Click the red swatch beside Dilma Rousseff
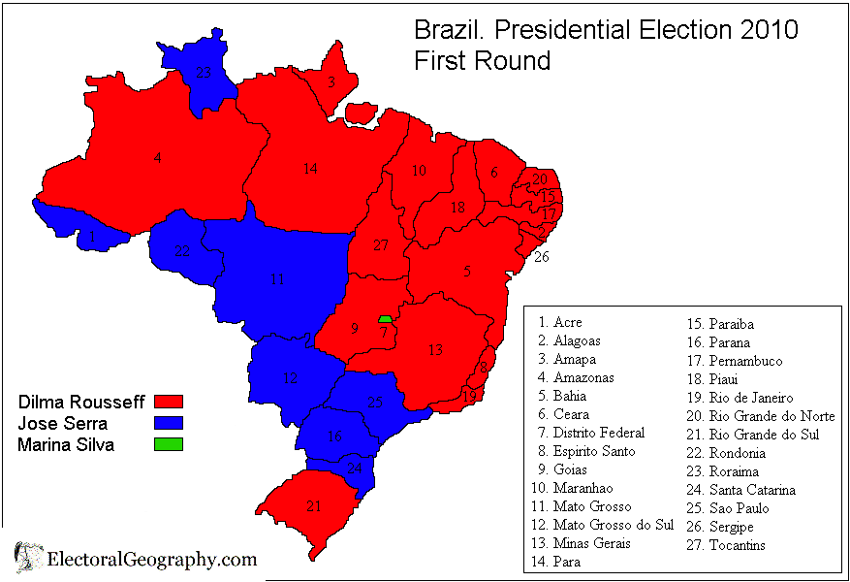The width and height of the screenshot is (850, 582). click(x=169, y=401)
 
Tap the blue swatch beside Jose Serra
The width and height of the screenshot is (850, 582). click(x=169, y=423)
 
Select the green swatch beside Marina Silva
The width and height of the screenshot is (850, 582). click(x=169, y=445)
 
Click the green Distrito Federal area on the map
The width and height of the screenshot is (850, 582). click(x=385, y=319)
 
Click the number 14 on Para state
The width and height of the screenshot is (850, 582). click(x=309, y=169)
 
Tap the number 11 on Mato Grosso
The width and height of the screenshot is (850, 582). click(x=278, y=279)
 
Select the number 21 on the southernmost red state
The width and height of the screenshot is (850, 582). click(x=313, y=506)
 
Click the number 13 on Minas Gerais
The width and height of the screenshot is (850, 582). click(x=436, y=350)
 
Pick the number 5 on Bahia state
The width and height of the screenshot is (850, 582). click(x=467, y=272)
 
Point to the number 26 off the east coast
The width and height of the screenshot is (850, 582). click(x=541, y=257)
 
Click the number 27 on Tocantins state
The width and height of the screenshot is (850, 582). click(x=380, y=245)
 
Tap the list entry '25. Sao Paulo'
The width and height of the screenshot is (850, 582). click(x=726, y=508)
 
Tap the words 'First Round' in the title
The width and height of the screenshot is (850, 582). click(x=482, y=60)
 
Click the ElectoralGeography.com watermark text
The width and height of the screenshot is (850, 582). click(x=152, y=560)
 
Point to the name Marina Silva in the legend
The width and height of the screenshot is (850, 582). click(x=66, y=445)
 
